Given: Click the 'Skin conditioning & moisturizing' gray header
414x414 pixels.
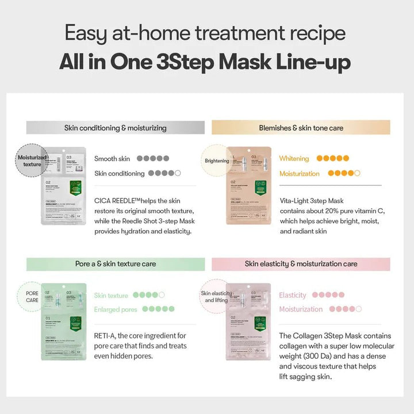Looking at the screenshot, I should point(115,128).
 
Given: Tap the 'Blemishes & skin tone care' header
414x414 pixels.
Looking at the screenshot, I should point(301,128).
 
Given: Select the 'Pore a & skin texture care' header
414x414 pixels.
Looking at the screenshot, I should point(115,264).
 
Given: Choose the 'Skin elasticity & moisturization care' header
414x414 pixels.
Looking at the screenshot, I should point(301,264).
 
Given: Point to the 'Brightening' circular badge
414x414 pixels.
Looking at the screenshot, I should point(217,161).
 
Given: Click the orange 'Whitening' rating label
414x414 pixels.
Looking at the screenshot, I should point(294,159).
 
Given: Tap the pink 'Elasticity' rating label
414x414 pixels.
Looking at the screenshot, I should point(293,295).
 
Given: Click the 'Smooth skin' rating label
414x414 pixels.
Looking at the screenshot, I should point(112,159).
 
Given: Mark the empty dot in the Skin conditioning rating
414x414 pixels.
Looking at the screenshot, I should point(178,173).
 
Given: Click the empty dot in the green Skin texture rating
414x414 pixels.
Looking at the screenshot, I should point(162,295).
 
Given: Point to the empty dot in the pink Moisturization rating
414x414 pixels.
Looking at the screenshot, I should point(358,309).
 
